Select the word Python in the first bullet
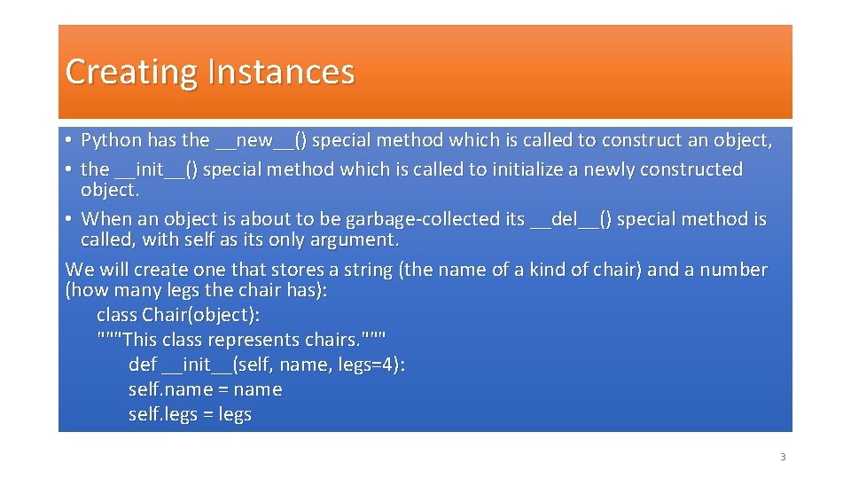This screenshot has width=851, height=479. point(111,140)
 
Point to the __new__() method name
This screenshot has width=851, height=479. point(262,140)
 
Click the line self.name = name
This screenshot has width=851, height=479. point(205,389)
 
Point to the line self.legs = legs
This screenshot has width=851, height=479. point(190,414)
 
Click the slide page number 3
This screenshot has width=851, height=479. point(782,458)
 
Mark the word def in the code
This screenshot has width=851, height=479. point(143,365)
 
